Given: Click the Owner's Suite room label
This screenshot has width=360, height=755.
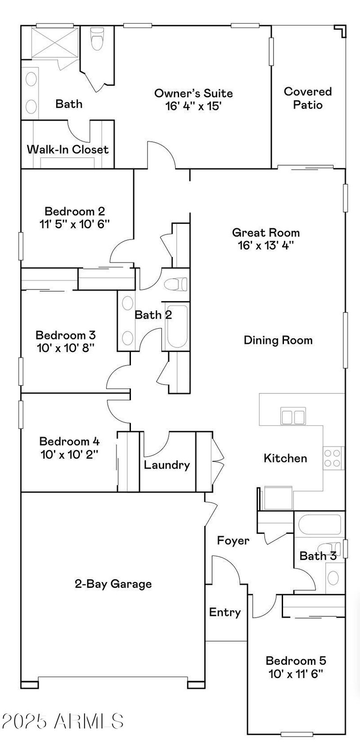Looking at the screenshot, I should (x=193, y=94).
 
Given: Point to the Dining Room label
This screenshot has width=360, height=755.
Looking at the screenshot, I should (x=278, y=340).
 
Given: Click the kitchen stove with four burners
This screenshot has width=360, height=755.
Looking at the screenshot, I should (x=333, y=458).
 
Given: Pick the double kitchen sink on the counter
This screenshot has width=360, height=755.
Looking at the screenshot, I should (x=292, y=416).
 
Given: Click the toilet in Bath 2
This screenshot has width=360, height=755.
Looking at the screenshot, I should (x=176, y=285).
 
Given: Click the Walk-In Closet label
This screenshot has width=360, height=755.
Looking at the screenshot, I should (x=67, y=149).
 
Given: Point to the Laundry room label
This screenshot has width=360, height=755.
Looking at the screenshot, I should (x=166, y=465).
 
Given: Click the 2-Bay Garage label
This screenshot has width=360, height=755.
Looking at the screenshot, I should (x=113, y=584).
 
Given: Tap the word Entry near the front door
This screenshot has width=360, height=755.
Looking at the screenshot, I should (x=225, y=612).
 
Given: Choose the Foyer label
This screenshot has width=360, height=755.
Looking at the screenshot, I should (x=233, y=541).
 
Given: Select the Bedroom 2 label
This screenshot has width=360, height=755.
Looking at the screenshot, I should (x=75, y=211).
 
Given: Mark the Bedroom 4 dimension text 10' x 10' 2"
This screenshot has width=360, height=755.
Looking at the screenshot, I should (x=69, y=454).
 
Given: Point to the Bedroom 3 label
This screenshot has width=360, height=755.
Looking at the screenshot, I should (x=66, y=335).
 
